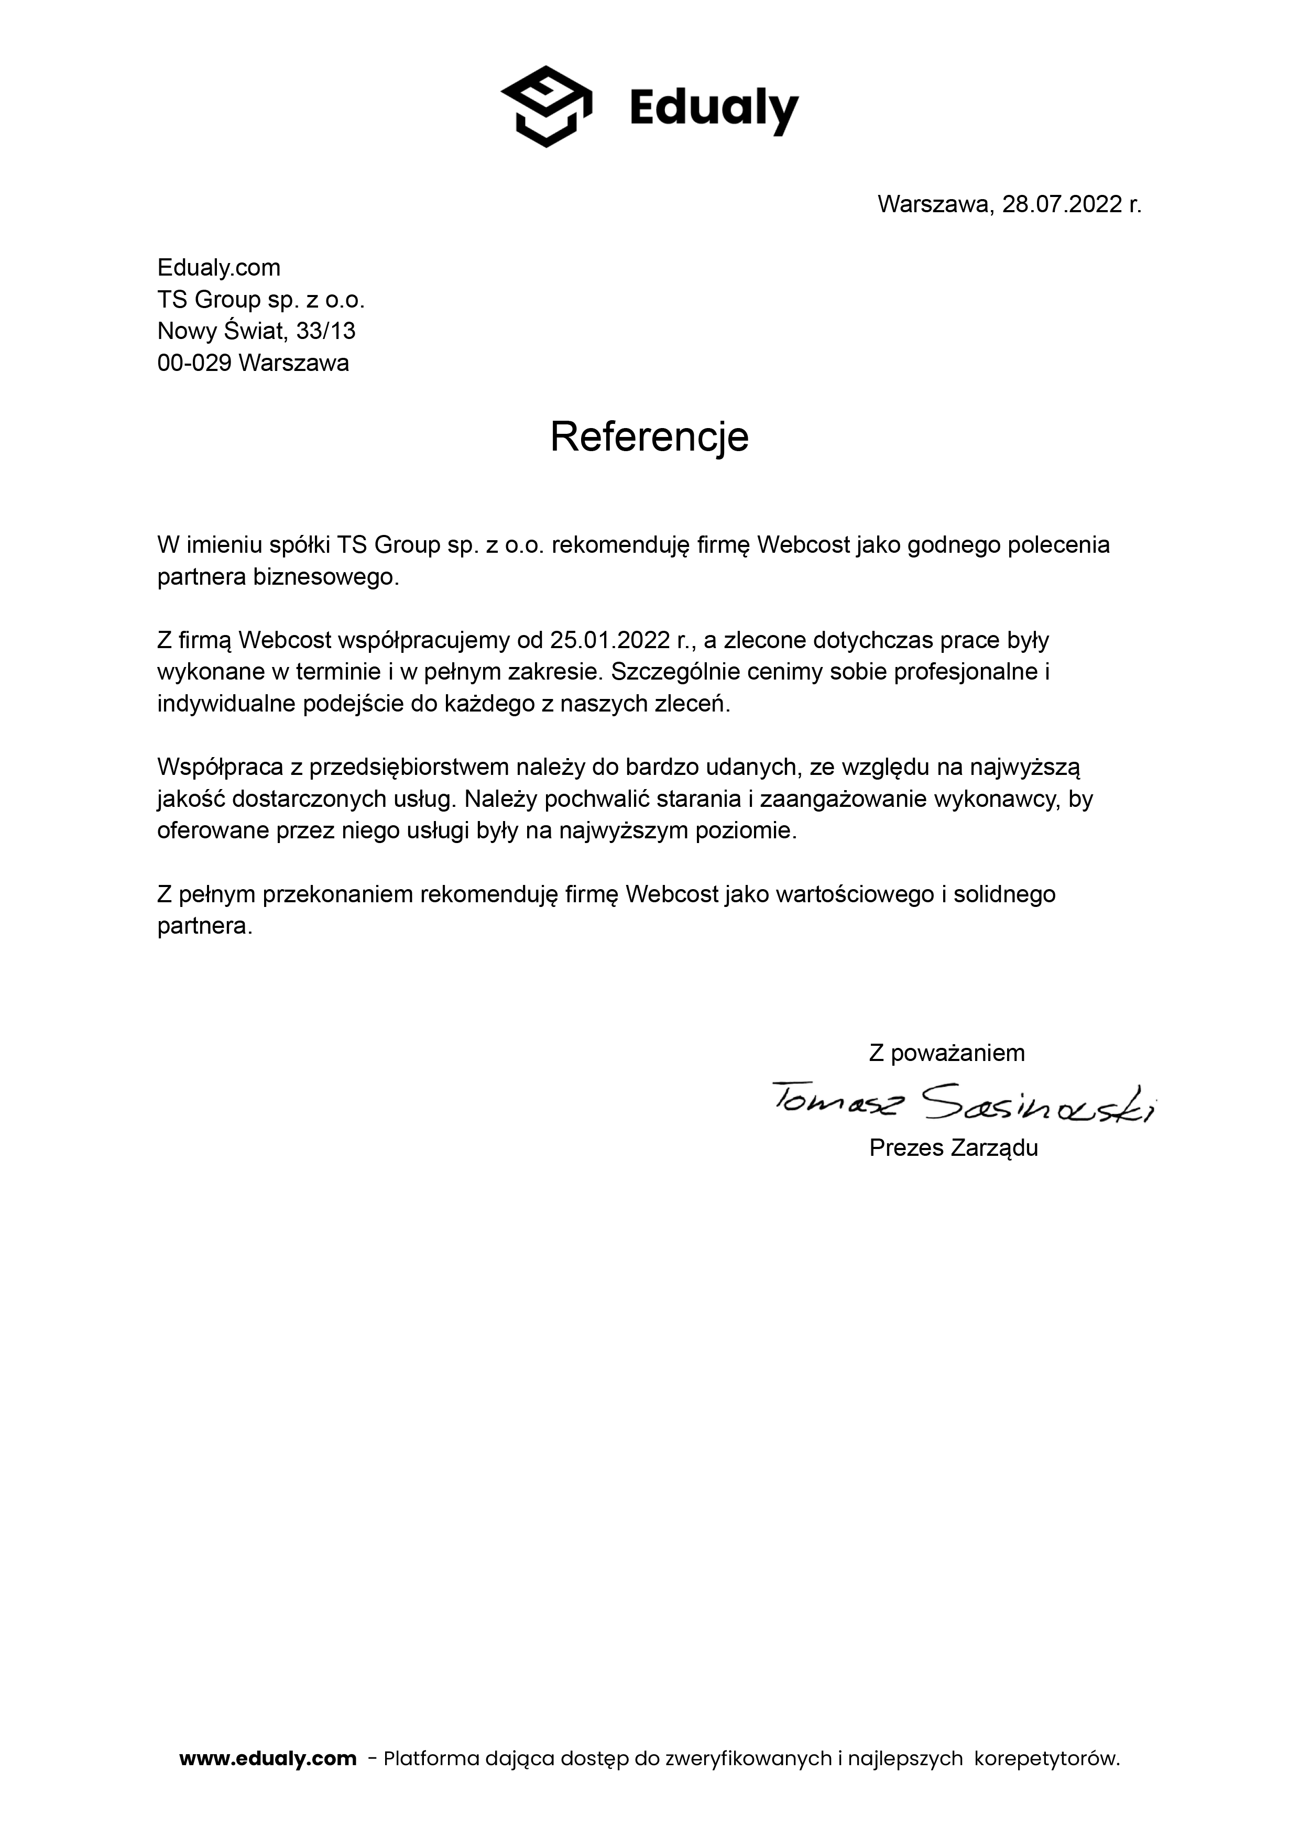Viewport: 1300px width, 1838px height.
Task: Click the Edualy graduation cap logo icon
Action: [x=546, y=106]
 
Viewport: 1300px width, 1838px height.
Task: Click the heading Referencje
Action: [x=649, y=437]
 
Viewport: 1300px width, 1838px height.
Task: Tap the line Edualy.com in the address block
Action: [x=219, y=267]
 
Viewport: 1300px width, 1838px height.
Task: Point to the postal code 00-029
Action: [x=194, y=364]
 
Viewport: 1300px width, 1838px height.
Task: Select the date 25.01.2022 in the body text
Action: [x=609, y=640]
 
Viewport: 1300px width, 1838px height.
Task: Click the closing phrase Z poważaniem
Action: [x=947, y=1053]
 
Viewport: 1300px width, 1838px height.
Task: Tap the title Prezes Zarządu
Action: [x=954, y=1148]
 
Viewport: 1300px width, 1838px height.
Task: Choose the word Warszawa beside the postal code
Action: [x=294, y=364]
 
